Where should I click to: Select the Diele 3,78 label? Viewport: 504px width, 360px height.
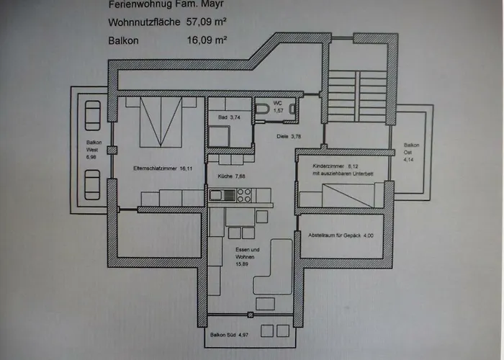[x=289, y=136]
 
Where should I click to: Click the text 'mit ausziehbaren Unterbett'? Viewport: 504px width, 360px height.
[x=341, y=174]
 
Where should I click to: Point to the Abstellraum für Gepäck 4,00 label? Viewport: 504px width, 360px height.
[x=341, y=235]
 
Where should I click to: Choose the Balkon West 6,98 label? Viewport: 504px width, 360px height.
[x=91, y=148]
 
